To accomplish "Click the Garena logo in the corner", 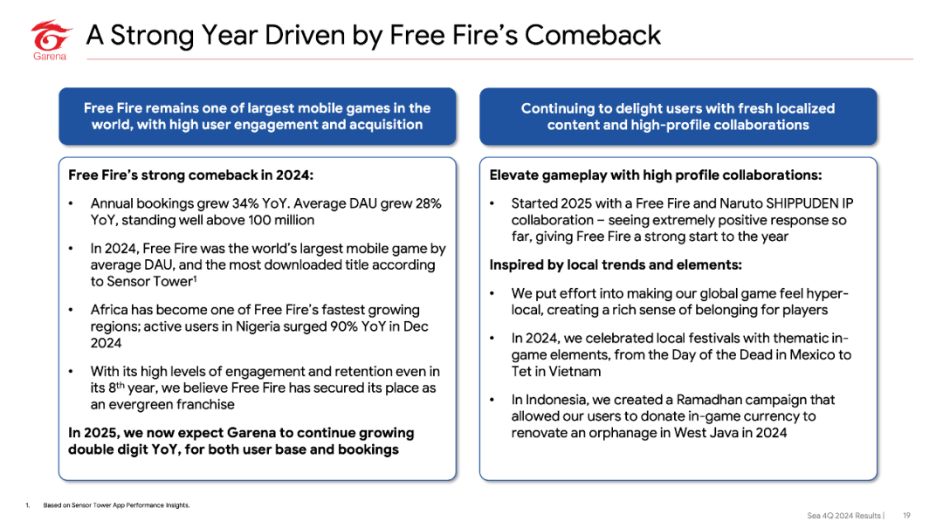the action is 52,39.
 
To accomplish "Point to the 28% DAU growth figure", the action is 428,203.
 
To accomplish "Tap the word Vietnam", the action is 575,372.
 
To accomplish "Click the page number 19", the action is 906,516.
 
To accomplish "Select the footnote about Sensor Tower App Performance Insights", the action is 116,505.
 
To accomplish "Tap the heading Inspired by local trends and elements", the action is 616,265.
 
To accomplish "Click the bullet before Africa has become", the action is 71,311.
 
